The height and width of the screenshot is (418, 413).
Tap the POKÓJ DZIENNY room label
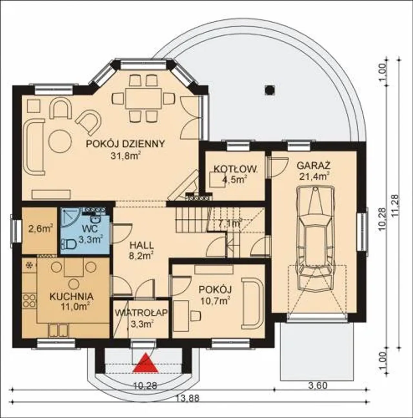pyautogui.click(x=125, y=144)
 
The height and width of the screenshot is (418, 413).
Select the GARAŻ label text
pyautogui.click(x=313, y=166)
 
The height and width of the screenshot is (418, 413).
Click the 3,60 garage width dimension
pyautogui.click(x=317, y=392)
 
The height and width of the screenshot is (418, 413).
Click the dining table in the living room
pyautogui.click(x=143, y=99)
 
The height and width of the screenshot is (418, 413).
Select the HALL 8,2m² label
pyautogui.click(x=142, y=251)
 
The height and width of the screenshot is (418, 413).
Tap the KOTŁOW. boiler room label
pyautogui.click(x=235, y=169)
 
